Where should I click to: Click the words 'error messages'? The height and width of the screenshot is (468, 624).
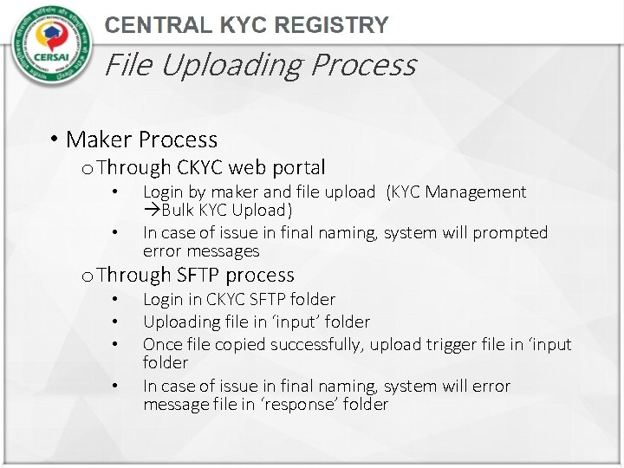click(x=201, y=251)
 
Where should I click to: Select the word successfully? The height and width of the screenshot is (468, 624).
click(x=315, y=344)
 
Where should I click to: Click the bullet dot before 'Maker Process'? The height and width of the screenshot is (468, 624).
click(x=54, y=140)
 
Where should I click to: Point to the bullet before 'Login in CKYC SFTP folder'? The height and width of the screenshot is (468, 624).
click(x=114, y=300)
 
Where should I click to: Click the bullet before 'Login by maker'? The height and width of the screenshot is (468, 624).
click(x=114, y=192)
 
